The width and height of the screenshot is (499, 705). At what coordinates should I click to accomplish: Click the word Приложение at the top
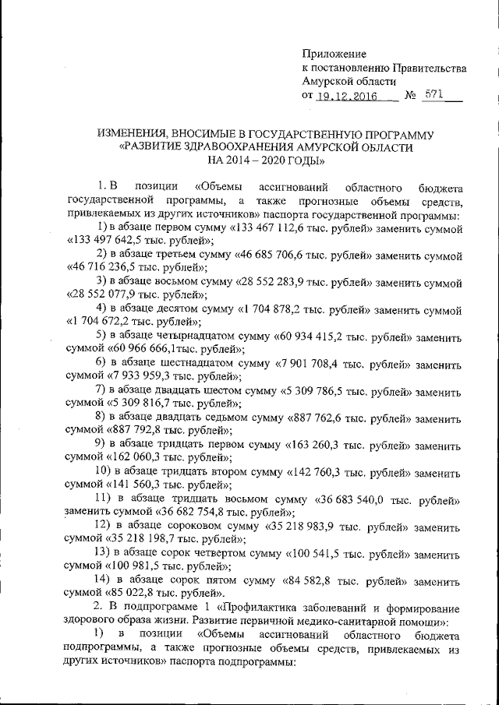click(x=334, y=53)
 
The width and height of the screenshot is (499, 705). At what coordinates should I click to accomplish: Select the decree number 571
click(x=433, y=95)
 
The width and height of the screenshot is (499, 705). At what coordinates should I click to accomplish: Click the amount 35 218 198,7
click(x=135, y=538)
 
